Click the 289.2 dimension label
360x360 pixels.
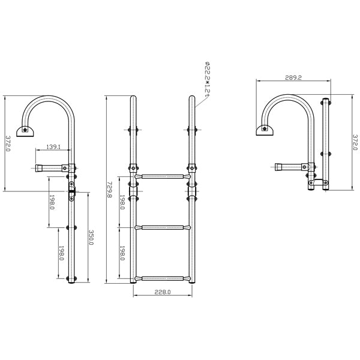coord(293,77)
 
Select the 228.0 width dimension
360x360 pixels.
coord(163,292)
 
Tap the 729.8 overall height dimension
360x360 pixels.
coord(110,190)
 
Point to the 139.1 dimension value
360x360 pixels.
coord(53,147)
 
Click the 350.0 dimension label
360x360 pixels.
coord(91,238)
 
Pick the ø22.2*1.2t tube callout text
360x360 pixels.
coord(207,78)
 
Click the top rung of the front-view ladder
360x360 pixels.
coord(163,176)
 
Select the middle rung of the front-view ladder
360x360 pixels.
coord(163,227)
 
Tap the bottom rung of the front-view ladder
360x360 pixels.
coord(163,279)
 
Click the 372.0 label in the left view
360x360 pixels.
coord(8,143)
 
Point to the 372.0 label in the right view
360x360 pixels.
coord(355,142)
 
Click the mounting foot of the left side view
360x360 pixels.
coord(25,131)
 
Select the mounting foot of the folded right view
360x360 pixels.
coord(265,130)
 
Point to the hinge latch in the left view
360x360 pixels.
coord(72,191)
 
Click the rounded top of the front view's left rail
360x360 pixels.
coord(133,98)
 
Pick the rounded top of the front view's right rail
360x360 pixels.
coord(192,98)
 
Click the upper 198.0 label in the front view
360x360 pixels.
coord(122,202)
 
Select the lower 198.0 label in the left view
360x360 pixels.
coord(61,253)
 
